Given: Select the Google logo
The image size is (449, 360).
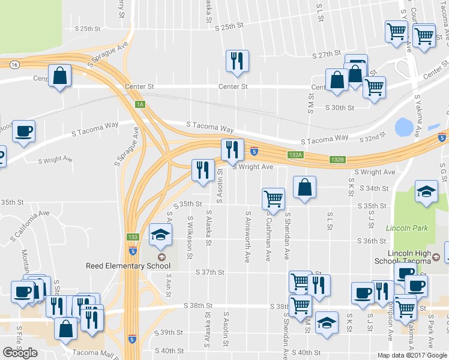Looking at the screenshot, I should coord(20,353).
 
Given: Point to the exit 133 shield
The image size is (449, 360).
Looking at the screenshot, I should coord(132,238).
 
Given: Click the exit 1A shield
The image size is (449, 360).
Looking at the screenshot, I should coord(140,104).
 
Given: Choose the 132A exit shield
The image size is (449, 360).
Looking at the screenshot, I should coord(295,154).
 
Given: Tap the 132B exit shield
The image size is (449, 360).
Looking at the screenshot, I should coord(337,160).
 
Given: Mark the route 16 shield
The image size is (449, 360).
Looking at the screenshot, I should coord(13,64).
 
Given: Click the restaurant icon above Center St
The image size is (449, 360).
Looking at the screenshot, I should coord(237,61).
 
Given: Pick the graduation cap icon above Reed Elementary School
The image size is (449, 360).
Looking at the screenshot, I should coord(160,235).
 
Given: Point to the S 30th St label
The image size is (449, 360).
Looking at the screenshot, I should coord(340,107).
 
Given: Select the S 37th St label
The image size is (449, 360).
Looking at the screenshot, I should coord(210,272).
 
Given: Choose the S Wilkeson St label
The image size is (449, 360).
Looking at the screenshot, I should coord(190,238).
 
